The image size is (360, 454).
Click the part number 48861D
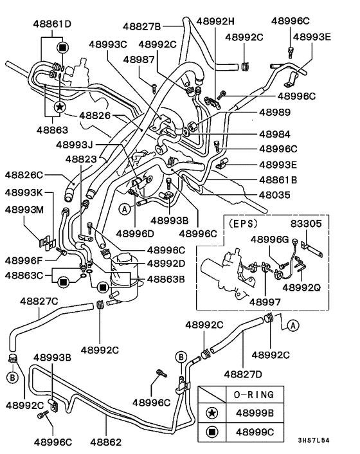52,24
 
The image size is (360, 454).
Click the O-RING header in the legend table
263,394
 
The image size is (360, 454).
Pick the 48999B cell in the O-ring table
263,412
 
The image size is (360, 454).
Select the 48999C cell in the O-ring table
263,431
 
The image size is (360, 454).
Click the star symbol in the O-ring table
212,412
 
